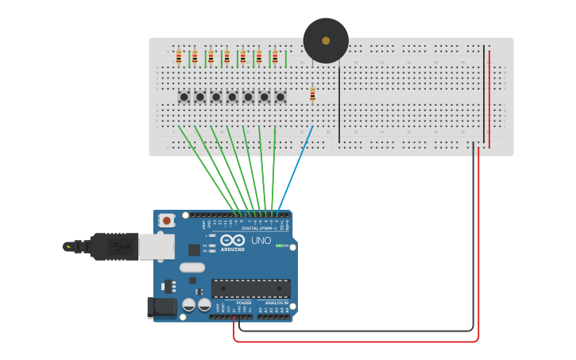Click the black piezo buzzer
click(326, 41)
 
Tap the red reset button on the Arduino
click(167, 220)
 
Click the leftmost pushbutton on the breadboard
click(184, 97)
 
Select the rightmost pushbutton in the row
click(280, 97)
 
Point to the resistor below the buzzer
click(312, 95)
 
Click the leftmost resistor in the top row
click(179, 56)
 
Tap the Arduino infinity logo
click(233, 241)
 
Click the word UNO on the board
click(261, 240)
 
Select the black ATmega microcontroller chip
click(250, 289)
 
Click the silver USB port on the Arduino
click(157, 247)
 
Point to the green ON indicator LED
click(279, 246)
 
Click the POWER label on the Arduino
click(244, 303)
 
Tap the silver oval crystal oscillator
click(192, 267)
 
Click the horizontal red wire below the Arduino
click(358, 342)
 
